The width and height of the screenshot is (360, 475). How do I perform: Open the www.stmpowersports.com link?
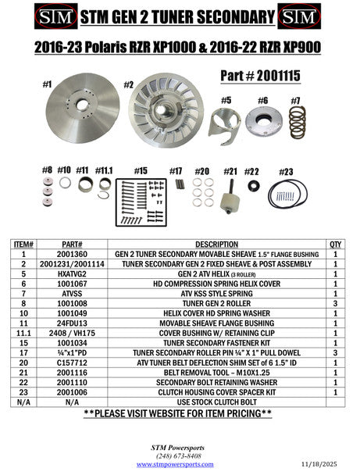coord(180,464)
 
